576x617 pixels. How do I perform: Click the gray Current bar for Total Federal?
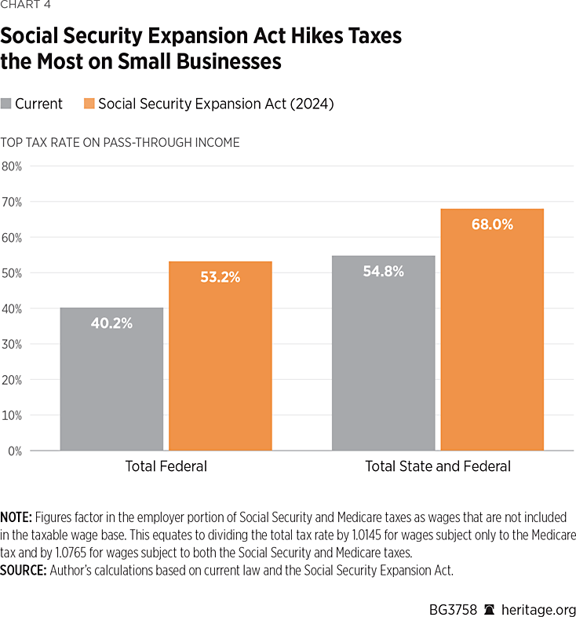pyautogui.click(x=111, y=379)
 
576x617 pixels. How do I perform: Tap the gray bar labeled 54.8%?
pyautogui.click(x=383, y=353)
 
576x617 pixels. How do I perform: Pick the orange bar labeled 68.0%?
pyautogui.click(x=492, y=330)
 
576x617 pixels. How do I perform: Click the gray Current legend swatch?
pyautogui.click(x=7, y=104)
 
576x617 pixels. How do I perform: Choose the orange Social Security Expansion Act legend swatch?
pyautogui.click(x=89, y=104)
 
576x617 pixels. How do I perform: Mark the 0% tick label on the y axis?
pyautogui.click(x=14, y=451)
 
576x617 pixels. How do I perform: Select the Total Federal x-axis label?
pyautogui.click(x=166, y=466)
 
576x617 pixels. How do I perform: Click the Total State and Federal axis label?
pyautogui.click(x=438, y=466)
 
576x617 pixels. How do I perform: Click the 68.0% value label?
pyautogui.click(x=492, y=225)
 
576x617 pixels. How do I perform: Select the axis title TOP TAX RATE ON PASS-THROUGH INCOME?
pyautogui.click(x=120, y=143)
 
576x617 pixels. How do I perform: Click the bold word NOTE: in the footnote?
pyautogui.click(x=16, y=518)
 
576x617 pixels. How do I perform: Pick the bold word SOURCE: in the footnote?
pyautogui.click(x=24, y=571)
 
